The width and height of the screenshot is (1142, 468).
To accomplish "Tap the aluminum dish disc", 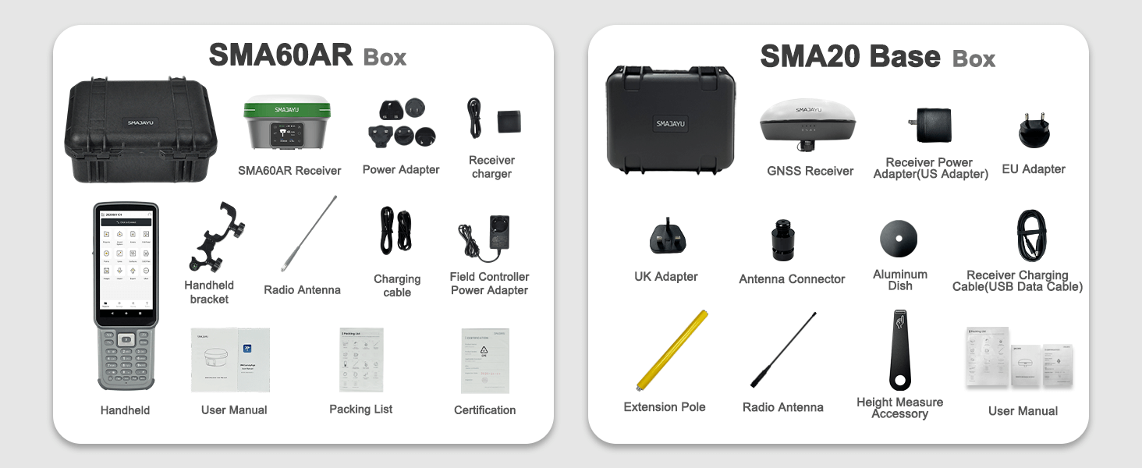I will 899,238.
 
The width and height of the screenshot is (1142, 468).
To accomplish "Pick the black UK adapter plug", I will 668,236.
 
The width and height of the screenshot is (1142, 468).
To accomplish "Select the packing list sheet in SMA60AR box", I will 361,360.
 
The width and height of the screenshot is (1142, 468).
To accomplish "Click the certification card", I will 484,360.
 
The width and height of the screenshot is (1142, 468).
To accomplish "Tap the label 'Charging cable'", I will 397,285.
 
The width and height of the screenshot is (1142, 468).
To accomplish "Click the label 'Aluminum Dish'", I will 900,280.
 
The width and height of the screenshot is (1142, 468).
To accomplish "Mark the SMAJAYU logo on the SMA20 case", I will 671,123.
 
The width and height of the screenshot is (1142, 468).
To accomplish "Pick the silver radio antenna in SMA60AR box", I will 310,233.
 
